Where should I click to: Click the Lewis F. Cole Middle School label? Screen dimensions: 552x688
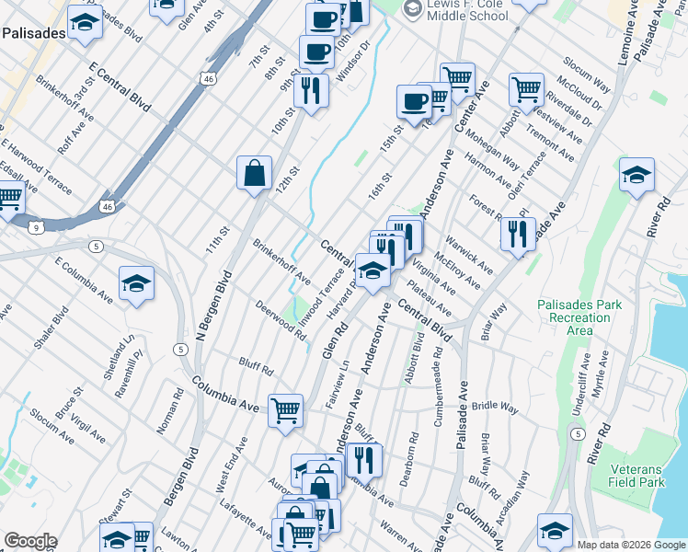tap(467, 10)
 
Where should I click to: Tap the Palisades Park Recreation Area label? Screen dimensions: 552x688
tap(579, 317)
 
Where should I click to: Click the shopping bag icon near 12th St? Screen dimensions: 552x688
tap(254, 172)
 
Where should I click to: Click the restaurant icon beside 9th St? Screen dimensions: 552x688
tap(312, 91)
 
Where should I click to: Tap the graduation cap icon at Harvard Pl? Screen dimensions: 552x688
tap(373, 270)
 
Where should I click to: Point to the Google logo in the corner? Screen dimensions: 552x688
tap(29, 541)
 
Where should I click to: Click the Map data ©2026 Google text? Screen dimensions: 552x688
tap(631, 545)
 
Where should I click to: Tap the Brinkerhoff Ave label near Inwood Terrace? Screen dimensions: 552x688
tap(281, 261)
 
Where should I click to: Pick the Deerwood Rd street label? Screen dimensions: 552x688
tap(280, 319)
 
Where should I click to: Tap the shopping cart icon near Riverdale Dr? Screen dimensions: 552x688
tap(526, 88)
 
